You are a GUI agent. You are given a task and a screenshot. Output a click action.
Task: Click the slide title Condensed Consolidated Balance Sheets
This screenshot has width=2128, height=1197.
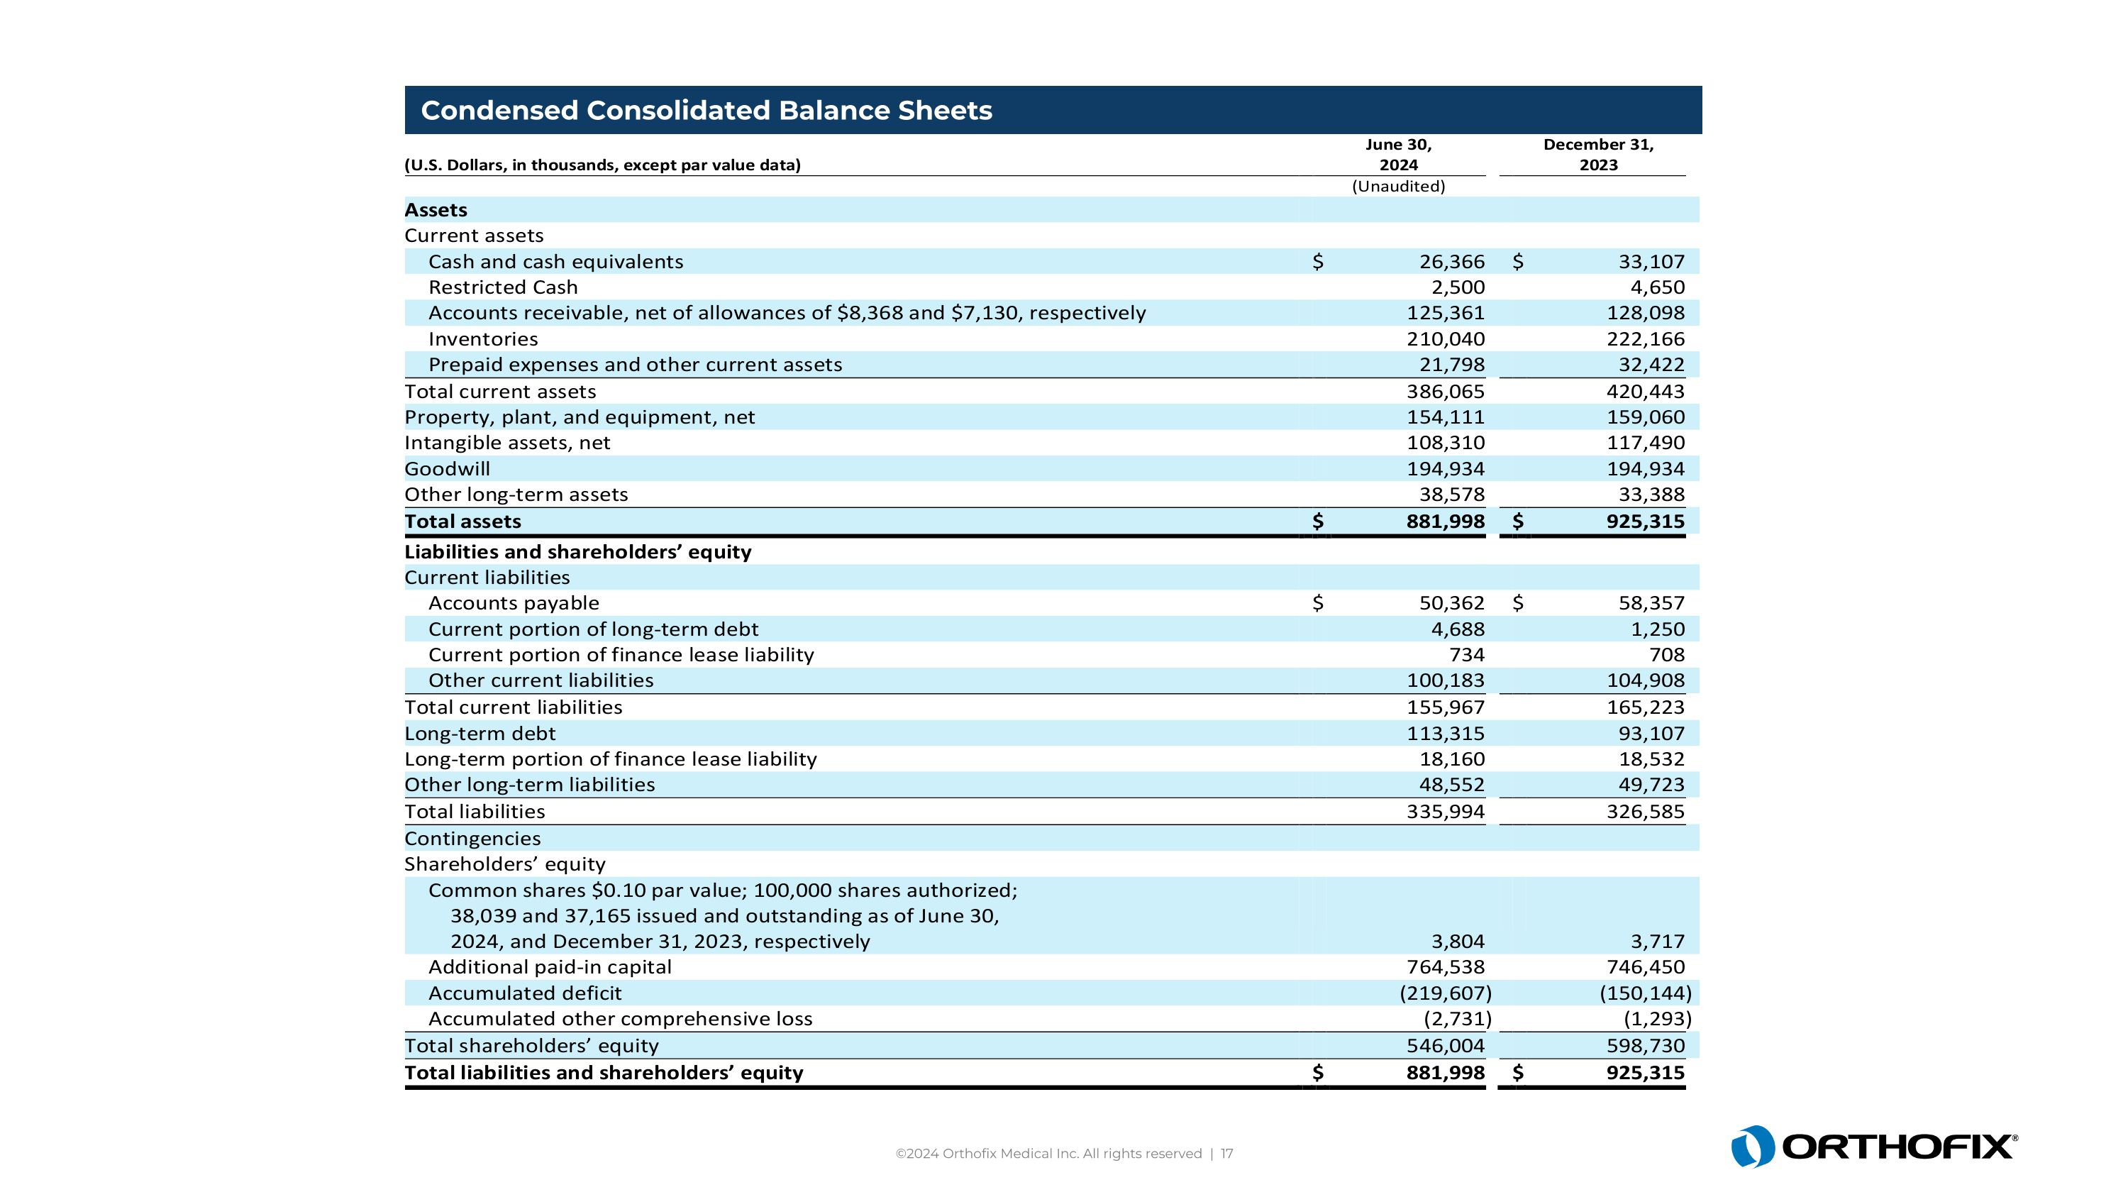[x=706, y=111]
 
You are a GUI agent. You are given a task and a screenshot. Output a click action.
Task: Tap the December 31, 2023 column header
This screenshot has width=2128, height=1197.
[x=1597, y=155]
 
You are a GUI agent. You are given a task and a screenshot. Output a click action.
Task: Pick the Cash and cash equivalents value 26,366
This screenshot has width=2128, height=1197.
[x=1451, y=262]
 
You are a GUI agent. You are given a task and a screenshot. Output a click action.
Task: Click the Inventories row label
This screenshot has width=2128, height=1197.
[x=482, y=340]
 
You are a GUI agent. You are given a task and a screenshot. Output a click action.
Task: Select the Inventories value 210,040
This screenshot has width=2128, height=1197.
[x=1446, y=340]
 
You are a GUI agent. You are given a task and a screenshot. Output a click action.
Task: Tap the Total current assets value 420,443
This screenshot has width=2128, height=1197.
[x=1645, y=392]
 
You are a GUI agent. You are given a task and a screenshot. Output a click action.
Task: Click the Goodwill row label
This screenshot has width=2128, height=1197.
[x=447, y=469]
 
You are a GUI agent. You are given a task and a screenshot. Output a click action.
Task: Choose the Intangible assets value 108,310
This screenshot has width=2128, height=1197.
[x=1446, y=443]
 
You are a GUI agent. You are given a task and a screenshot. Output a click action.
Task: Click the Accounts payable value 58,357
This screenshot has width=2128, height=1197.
[x=1651, y=603]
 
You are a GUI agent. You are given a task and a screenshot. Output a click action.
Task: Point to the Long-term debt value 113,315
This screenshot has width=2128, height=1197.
[x=1446, y=734]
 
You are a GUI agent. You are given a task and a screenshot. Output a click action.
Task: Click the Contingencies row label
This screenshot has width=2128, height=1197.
[x=472, y=839]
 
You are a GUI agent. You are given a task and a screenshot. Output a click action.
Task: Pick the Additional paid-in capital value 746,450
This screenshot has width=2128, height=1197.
[x=1645, y=967]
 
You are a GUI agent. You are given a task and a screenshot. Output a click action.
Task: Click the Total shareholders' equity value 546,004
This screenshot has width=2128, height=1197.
[x=1446, y=1046]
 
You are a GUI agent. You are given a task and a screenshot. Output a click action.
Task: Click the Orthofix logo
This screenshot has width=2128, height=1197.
[x=1873, y=1147]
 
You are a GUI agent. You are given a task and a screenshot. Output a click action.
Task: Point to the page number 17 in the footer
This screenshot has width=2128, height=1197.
[x=1226, y=1154]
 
